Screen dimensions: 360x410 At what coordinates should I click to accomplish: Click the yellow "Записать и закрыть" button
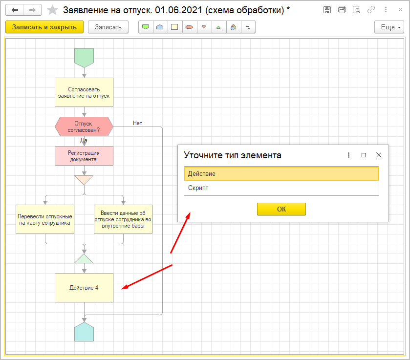coord(44,27)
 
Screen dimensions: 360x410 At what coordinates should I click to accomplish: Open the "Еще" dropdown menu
coord(389,27)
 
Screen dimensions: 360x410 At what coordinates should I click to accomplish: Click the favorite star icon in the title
coord(52,10)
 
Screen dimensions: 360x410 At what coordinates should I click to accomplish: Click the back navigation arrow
coord(15,10)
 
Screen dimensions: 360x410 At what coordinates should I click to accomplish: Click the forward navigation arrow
coord(32,10)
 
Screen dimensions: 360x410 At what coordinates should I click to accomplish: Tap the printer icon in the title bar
coord(342,10)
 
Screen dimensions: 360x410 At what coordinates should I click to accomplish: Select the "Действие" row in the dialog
coord(281,174)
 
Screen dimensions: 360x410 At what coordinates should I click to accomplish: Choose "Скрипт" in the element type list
coord(281,188)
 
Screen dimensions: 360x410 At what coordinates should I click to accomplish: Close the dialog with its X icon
coord(378,155)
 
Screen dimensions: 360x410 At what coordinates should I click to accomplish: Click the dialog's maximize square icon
coord(364,155)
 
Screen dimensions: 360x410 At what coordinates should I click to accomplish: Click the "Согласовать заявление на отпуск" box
coord(84,92)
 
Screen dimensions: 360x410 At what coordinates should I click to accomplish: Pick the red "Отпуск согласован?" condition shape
coord(84,127)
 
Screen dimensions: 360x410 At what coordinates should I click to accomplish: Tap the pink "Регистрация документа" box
coord(84,156)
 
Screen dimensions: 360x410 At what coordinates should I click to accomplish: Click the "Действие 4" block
coord(84,288)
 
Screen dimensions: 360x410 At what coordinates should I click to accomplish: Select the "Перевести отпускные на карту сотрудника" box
coord(45,219)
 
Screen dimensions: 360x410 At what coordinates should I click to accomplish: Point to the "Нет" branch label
coord(137,123)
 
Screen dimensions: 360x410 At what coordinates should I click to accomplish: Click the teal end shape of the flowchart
coord(84,332)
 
